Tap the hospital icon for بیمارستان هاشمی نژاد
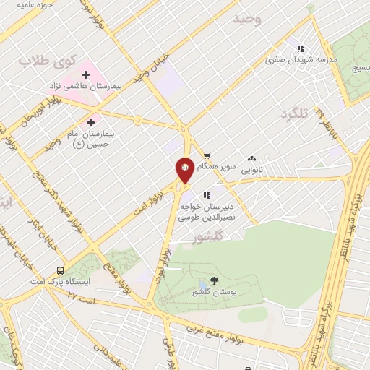86,74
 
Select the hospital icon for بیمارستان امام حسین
90,123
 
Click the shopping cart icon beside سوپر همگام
207,155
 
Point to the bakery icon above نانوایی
251,158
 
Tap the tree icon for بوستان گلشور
215,280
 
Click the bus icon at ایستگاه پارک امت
61,270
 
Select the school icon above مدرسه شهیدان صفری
301,49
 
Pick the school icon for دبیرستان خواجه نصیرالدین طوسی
207,194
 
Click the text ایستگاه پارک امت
60,281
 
